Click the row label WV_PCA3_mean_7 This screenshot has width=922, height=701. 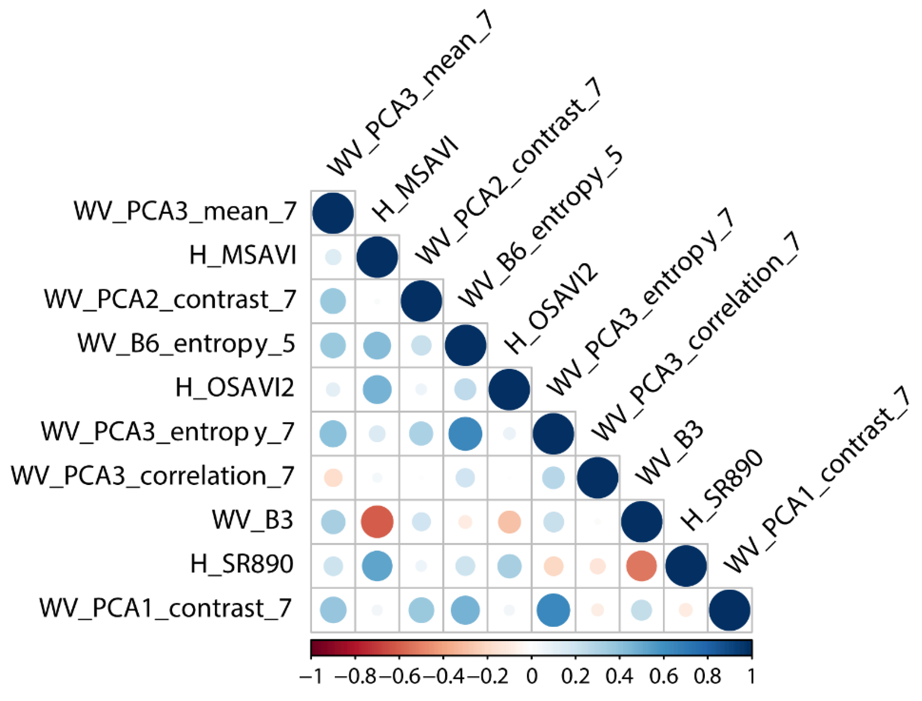[185, 211]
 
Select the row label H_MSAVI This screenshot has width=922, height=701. [243, 255]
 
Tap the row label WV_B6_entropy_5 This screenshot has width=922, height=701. [186, 344]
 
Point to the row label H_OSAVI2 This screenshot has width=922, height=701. [235, 388]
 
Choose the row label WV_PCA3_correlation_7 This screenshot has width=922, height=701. [152, 476]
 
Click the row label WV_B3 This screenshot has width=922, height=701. [252, 520]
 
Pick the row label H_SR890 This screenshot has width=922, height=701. [242, 564]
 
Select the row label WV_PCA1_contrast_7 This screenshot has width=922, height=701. [165, 608]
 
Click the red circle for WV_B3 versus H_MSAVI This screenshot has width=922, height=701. [377, 522]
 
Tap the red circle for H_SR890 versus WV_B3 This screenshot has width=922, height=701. [641, 566]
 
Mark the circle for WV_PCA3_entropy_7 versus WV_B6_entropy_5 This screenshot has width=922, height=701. [465, 433]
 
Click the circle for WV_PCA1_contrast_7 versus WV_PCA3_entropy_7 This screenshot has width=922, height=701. [553, 610]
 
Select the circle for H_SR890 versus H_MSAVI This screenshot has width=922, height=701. [377, 566]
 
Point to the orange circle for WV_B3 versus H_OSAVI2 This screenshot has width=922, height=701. [509, 522]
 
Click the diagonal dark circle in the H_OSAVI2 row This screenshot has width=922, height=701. [509, 389]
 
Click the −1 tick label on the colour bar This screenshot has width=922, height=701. [311, 676]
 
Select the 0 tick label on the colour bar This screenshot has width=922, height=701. [531, 676]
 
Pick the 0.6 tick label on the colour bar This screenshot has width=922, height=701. [664, 676]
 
